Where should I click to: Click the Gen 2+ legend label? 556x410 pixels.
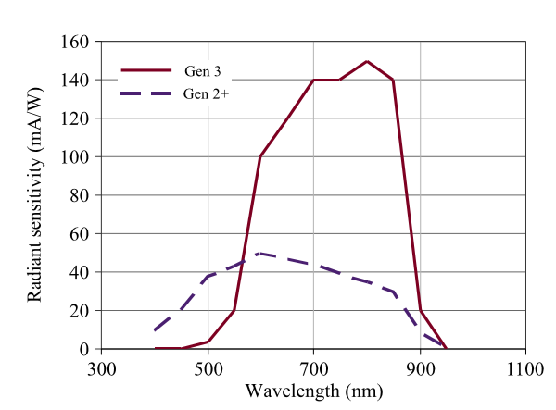click(x=206, y=93)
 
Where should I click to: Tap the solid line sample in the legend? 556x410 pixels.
click(x=146, y=70)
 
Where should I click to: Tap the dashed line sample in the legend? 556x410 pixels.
click(x=146, y=93)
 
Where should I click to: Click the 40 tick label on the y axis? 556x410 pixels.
click(x=80, y=272)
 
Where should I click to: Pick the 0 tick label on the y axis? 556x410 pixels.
click(x=83, y=349)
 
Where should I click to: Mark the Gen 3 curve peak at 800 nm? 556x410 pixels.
click(x=367, y=61)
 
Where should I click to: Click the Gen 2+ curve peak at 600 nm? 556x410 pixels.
click(x=260, y=253)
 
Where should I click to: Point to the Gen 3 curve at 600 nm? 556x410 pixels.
click(x=260, y=156)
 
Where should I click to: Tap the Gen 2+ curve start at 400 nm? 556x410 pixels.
click(x=155, y=329)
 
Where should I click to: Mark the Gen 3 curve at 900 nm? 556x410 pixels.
click(x=421, y=310)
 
